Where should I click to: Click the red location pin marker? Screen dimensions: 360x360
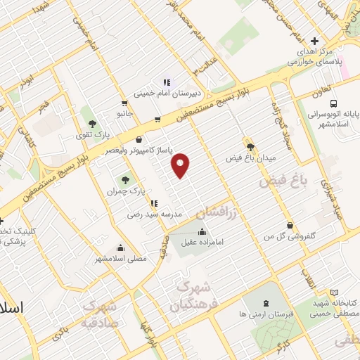click(182, 165)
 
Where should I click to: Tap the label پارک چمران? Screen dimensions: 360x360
click(125, 191)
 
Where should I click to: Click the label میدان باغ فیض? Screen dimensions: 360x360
click(250, 159)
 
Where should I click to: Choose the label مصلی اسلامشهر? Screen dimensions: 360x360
click(121, 258)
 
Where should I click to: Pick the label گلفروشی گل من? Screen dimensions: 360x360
click(288, 237)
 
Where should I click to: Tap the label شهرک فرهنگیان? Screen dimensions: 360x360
click(190, 296)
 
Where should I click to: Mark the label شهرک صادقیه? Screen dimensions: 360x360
click(100, 314)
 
